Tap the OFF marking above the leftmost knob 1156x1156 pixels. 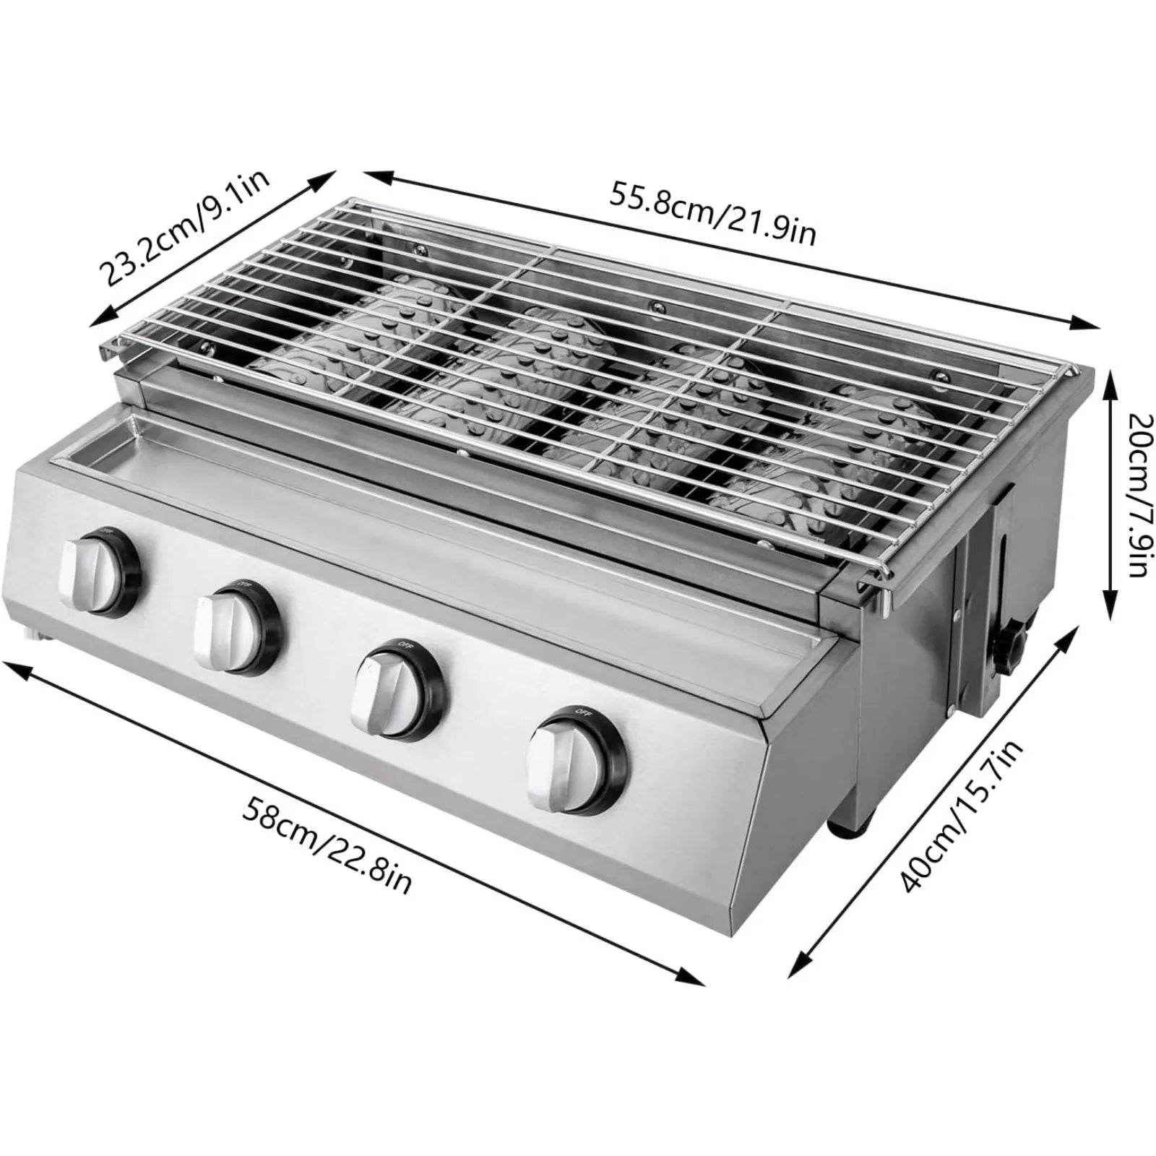click(106, 532)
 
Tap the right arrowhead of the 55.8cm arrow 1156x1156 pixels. click(1087, 323)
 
